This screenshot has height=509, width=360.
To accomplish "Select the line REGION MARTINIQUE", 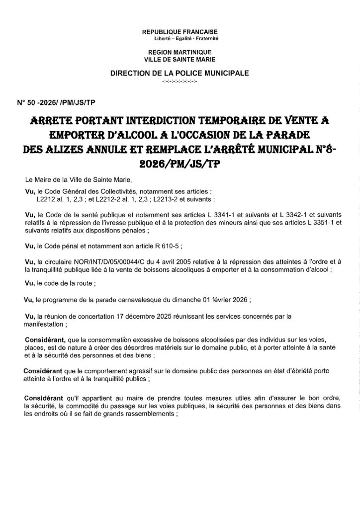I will [180, 52].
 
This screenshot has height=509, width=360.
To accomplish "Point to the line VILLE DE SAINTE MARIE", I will [180, 59].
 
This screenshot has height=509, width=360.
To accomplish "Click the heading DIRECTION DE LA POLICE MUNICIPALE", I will [180, 73].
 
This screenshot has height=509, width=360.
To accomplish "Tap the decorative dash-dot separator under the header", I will [180, 80].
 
